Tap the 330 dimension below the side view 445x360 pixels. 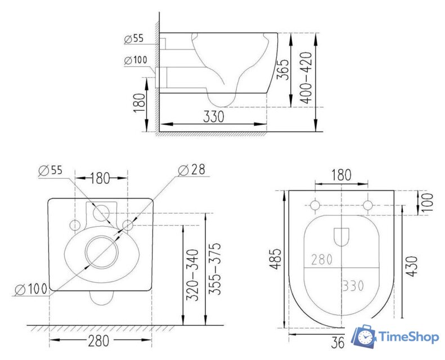click(x=213, y=116)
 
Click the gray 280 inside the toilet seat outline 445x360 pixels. click(x=322, y=259)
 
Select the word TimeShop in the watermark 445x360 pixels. click(x=407, y=337)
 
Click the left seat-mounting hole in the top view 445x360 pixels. click(x=315, y=204)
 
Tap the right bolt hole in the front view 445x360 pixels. click(x=128, y=225)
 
